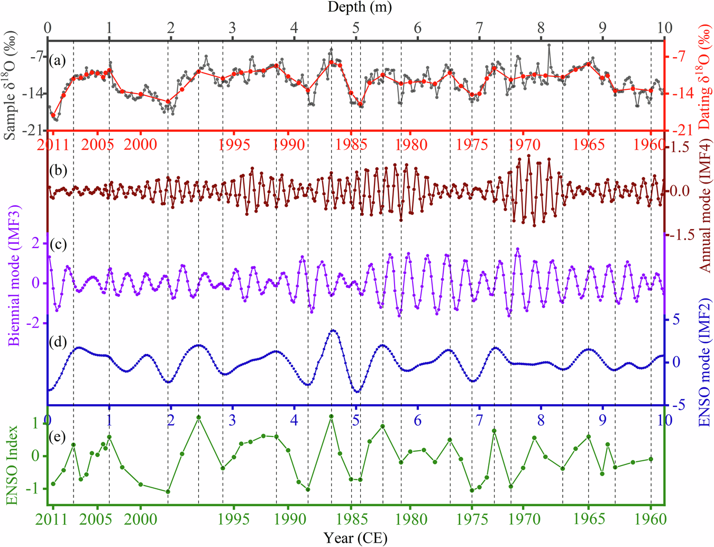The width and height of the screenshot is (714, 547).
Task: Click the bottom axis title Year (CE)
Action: tap(355, 538)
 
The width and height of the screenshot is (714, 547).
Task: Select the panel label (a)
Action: tap(57, 60)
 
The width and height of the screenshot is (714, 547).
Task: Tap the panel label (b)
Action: tap(57, 170)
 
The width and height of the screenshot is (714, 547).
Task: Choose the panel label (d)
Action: tap(57, 342)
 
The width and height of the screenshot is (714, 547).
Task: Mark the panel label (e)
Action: tap(57, 436)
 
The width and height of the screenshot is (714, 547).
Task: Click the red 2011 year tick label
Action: tap(53, 144)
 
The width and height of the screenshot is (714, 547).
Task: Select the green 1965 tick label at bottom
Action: tap(589, 518)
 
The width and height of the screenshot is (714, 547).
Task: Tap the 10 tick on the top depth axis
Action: tap(664, 28)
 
